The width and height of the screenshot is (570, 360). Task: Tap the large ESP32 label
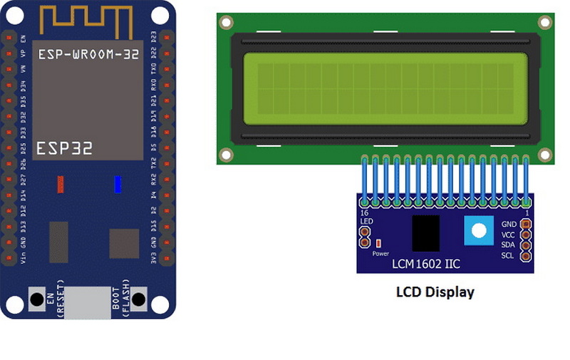65,148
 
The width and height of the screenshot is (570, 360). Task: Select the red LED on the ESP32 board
61,184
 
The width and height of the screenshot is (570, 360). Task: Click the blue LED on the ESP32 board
118,184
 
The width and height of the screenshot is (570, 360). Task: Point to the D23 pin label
155,37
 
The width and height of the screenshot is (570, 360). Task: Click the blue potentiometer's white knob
478,230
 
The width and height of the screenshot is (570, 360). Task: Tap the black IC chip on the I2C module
425,233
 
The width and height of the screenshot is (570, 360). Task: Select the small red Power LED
378,243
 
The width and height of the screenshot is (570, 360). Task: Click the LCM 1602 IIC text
426,264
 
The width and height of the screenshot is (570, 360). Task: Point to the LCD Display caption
435,292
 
